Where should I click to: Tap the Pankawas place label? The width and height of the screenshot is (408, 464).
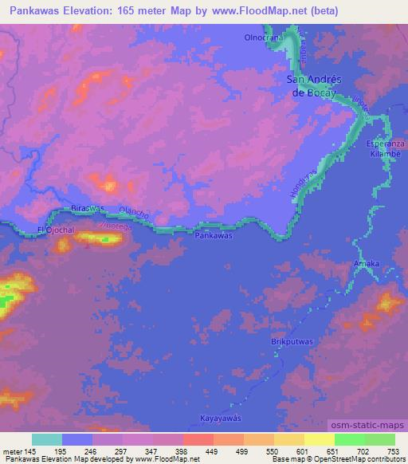(x=214, y=237)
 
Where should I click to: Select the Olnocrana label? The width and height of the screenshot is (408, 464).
(x=264, y=37)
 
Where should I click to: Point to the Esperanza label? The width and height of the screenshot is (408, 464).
(x=386, y=142)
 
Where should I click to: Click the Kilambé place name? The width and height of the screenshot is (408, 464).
(x=386, y=151)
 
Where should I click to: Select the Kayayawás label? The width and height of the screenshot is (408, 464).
(x=220, y=418)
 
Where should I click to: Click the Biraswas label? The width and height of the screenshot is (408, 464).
(x=88, y=207)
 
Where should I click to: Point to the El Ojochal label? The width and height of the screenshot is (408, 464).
(x=55, y=230)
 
